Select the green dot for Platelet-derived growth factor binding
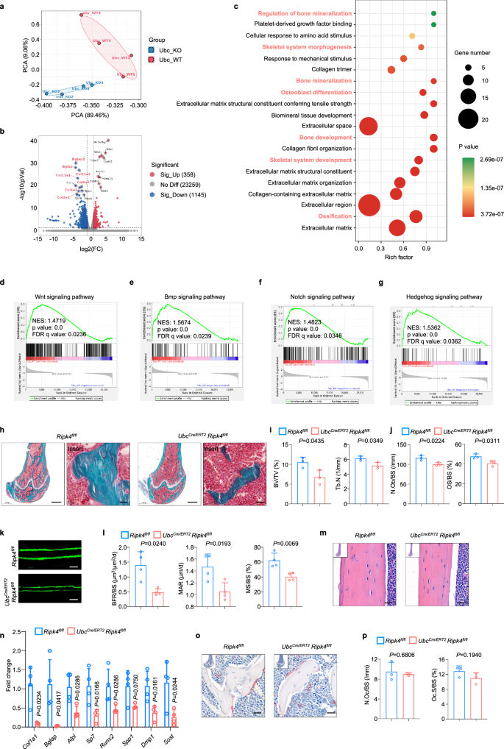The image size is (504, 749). pos(433,25)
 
